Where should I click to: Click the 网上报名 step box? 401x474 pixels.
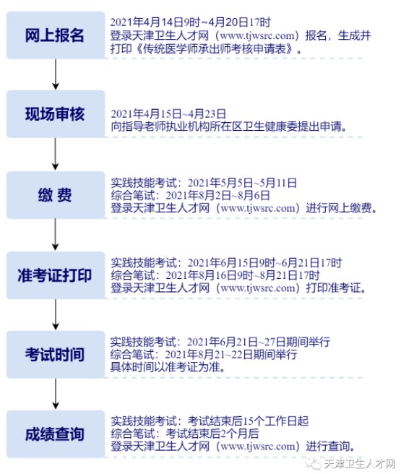56,35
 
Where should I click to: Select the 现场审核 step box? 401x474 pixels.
56,114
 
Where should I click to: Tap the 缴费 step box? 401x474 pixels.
56,194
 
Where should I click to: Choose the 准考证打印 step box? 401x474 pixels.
56,275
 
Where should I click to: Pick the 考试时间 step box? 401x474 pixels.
56,354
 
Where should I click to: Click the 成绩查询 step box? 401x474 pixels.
56,434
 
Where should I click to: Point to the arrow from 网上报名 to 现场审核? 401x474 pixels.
56,74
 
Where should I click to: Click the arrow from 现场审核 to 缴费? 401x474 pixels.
56,154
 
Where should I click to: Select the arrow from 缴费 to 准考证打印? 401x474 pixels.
56,235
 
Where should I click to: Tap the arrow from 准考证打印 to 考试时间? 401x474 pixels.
56,315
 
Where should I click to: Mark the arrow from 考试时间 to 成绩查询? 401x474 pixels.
56,394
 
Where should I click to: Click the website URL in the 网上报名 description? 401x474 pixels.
257,35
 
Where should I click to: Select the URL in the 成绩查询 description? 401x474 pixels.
258,447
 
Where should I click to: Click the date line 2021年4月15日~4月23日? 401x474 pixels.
168,113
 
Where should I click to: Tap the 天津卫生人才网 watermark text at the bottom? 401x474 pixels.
360,464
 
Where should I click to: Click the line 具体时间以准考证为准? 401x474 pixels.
168,367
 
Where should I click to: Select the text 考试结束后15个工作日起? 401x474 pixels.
248,421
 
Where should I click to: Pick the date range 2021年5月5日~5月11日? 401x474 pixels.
242,183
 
